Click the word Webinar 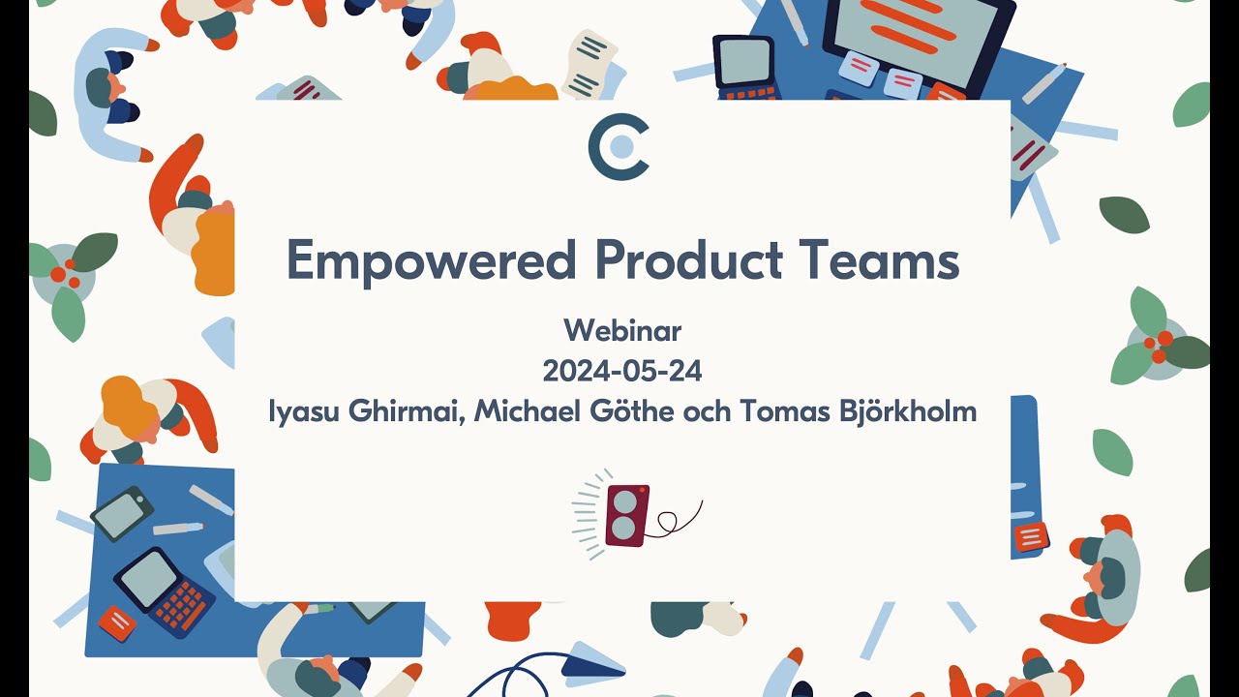click(x=622, y=331)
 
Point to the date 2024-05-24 click(x=622, y=371)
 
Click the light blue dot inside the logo click(x=622, y=146)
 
